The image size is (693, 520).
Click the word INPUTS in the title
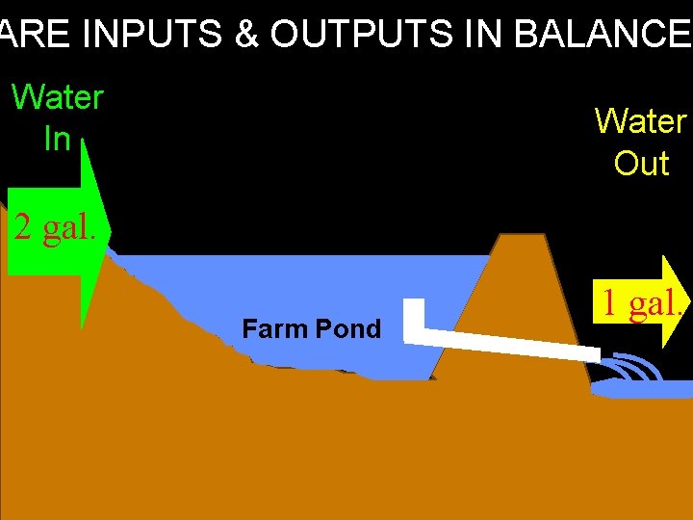pos(152,35)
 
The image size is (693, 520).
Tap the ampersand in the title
pos(246,35)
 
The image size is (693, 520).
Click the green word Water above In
pos(57,97)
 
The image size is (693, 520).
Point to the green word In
pos(57,140)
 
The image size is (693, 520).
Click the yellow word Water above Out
pos(640,121)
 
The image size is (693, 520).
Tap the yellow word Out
pos(641,164)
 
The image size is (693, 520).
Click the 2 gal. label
pos(55,229)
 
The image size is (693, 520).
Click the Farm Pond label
pos(311,329)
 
